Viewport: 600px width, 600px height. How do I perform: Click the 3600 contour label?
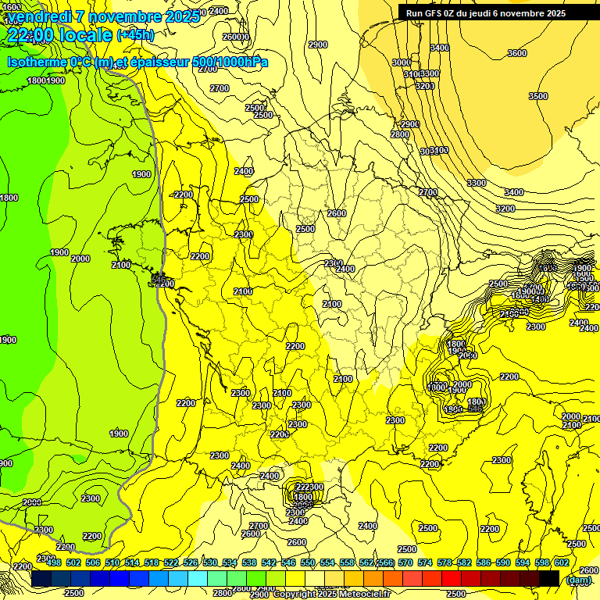coord(516,53)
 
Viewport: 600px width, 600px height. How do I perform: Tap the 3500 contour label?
coord(537,96)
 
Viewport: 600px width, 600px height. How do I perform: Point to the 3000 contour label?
coord(401,62)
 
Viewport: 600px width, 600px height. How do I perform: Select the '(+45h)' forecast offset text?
coord(135,34)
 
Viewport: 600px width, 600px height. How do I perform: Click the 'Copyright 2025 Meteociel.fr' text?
coord(331,594)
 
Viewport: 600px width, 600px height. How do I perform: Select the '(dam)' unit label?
coord(578,580)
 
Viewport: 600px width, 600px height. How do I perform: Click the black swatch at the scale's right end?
coord(548,577)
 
